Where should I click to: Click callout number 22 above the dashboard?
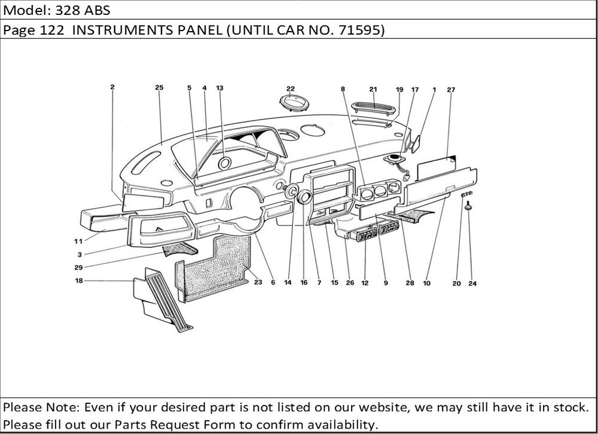[291, 88]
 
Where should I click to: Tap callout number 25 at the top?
[159, 88]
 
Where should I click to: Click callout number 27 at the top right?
[450, 90]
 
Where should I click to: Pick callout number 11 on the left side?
[78, 242]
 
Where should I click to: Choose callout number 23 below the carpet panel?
[258, 283]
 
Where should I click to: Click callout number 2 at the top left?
[112, 87]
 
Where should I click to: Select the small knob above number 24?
[470, 206]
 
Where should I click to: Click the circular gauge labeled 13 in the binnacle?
[225, 163]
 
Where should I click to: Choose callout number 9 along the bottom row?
[386, 283]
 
